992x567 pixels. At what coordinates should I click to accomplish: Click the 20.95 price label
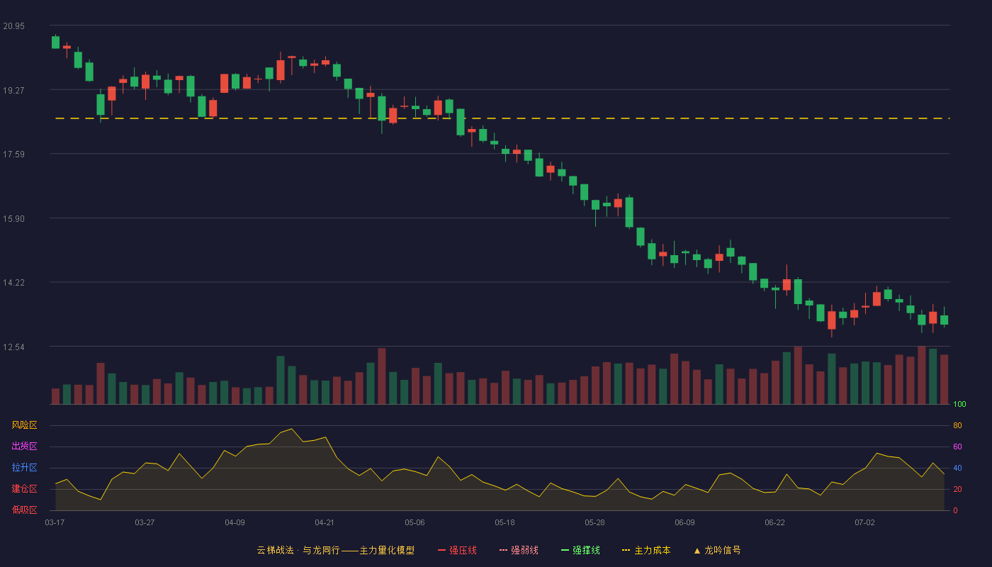[13, 26]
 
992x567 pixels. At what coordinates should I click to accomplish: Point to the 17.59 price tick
[13, 155]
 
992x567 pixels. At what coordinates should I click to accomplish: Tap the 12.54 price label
[13, 347]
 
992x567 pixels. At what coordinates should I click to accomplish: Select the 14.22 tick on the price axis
[13, 283]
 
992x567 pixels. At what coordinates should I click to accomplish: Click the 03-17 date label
[55, 523]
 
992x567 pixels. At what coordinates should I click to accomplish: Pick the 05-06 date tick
[415, 523]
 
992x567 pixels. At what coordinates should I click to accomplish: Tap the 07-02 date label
[864, 523]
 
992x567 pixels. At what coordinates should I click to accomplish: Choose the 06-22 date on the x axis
[774, 523]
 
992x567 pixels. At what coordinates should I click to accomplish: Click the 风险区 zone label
[24, 425]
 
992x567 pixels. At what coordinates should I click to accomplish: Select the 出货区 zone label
[24, 446]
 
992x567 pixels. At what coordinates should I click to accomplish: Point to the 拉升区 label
[24, 467]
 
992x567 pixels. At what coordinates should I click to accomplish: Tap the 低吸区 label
[24, 510]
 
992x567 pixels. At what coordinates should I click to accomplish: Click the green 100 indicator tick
[959, 404]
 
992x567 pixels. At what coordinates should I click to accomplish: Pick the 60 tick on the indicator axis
[957, 447]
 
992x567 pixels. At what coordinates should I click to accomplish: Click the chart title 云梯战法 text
[275, 550]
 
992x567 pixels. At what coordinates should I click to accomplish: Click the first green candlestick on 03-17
[55, 42]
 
